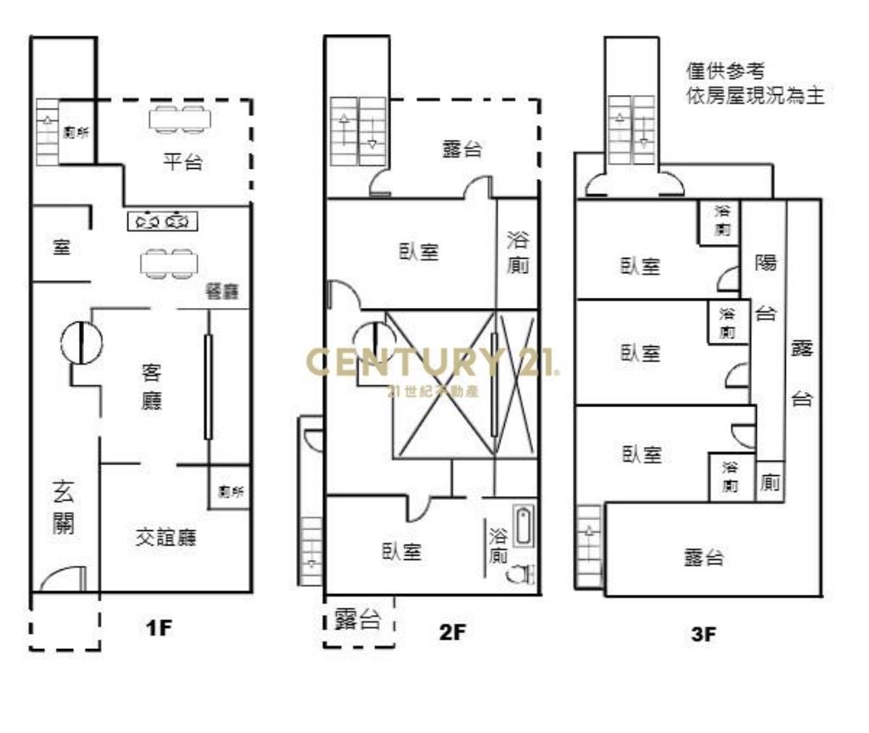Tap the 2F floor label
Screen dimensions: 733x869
[453, 631]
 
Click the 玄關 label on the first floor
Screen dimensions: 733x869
[64, 507]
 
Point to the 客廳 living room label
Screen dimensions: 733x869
[152, 386]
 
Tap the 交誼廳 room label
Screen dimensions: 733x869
[165, 537]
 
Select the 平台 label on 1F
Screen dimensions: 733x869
[182, 162]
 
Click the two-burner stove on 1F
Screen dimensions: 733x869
[163, 221]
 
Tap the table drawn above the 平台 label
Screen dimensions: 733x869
[180, 119]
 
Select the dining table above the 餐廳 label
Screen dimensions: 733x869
[168, 263]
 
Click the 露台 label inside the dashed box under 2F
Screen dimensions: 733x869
[357, 618]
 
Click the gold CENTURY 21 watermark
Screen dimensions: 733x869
[432, 363]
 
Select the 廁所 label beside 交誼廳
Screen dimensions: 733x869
[230, 491]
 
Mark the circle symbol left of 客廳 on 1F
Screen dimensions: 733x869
[81, 343]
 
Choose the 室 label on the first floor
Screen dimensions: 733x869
[62, 249]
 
